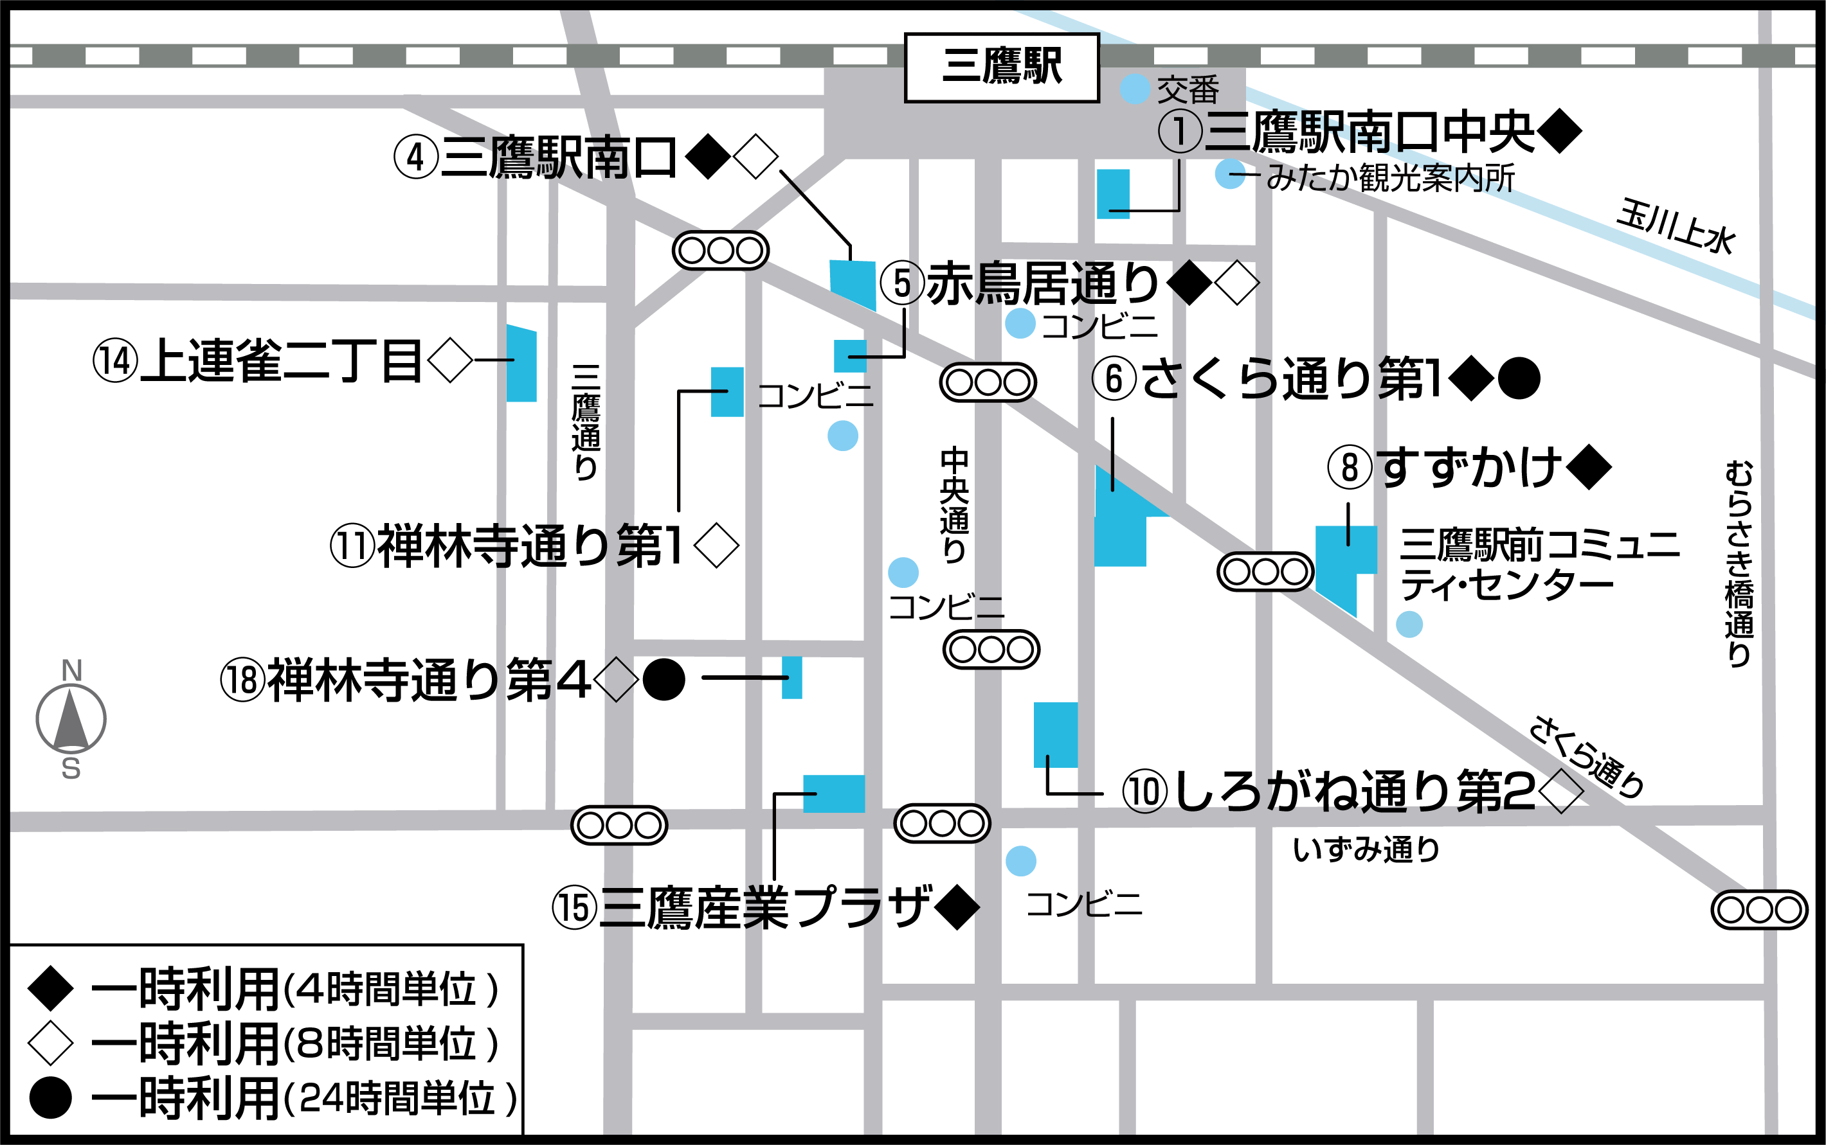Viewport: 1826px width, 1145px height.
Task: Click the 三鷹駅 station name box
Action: (1002, 67)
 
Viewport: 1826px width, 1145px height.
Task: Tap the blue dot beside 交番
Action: (1135, 89)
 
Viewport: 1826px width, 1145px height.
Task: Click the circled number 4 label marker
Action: (416, 157)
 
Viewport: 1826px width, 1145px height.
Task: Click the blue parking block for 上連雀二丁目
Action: (521, 364)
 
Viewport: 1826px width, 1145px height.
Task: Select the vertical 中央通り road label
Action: (954, 504)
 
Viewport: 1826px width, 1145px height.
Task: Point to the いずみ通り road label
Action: (1366, 849)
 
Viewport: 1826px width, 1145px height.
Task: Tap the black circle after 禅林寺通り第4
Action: (664, 679)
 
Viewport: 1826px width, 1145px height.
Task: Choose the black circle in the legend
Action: (50, 1097)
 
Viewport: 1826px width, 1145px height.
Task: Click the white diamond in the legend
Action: (50, 1043)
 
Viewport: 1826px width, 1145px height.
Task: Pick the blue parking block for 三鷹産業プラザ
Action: (833, 794)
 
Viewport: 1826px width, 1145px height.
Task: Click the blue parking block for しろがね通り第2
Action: (1056, 734)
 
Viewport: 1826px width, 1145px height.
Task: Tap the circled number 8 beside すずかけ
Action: (1350, 467)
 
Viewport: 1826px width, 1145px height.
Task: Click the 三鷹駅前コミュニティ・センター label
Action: (1538, 564)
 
